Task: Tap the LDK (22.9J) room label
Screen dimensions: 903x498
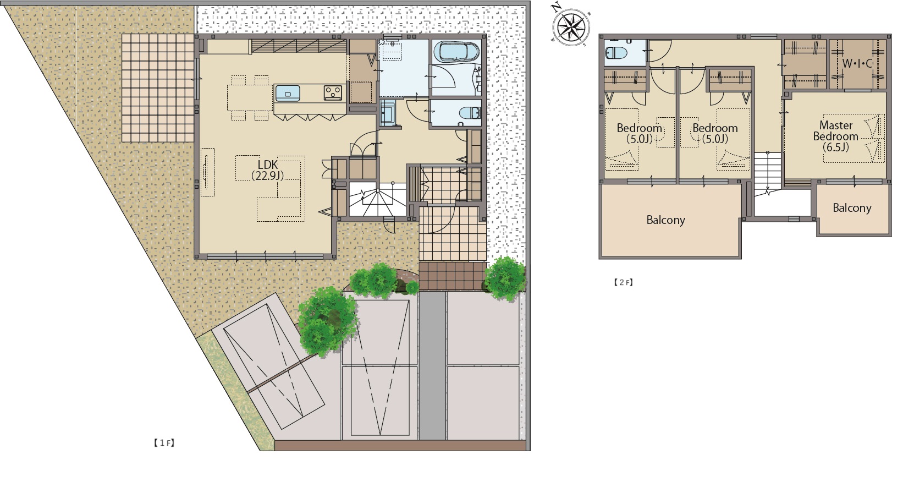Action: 267,170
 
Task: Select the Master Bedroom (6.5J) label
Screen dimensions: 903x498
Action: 836,136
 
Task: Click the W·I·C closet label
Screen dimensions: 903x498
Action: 857,63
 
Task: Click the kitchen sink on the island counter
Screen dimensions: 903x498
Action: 288,93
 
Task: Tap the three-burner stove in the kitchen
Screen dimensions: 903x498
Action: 333,93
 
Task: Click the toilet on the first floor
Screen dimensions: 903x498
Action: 470,112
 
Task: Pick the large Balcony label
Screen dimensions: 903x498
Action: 665,220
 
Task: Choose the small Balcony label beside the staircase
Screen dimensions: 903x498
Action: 852,207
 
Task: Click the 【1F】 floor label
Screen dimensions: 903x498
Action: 164,443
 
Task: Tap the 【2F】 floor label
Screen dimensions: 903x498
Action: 623,282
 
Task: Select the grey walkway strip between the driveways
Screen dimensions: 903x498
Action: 433,365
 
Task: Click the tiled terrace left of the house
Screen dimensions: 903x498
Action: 158,87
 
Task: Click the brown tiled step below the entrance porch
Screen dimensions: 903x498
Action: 452,276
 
